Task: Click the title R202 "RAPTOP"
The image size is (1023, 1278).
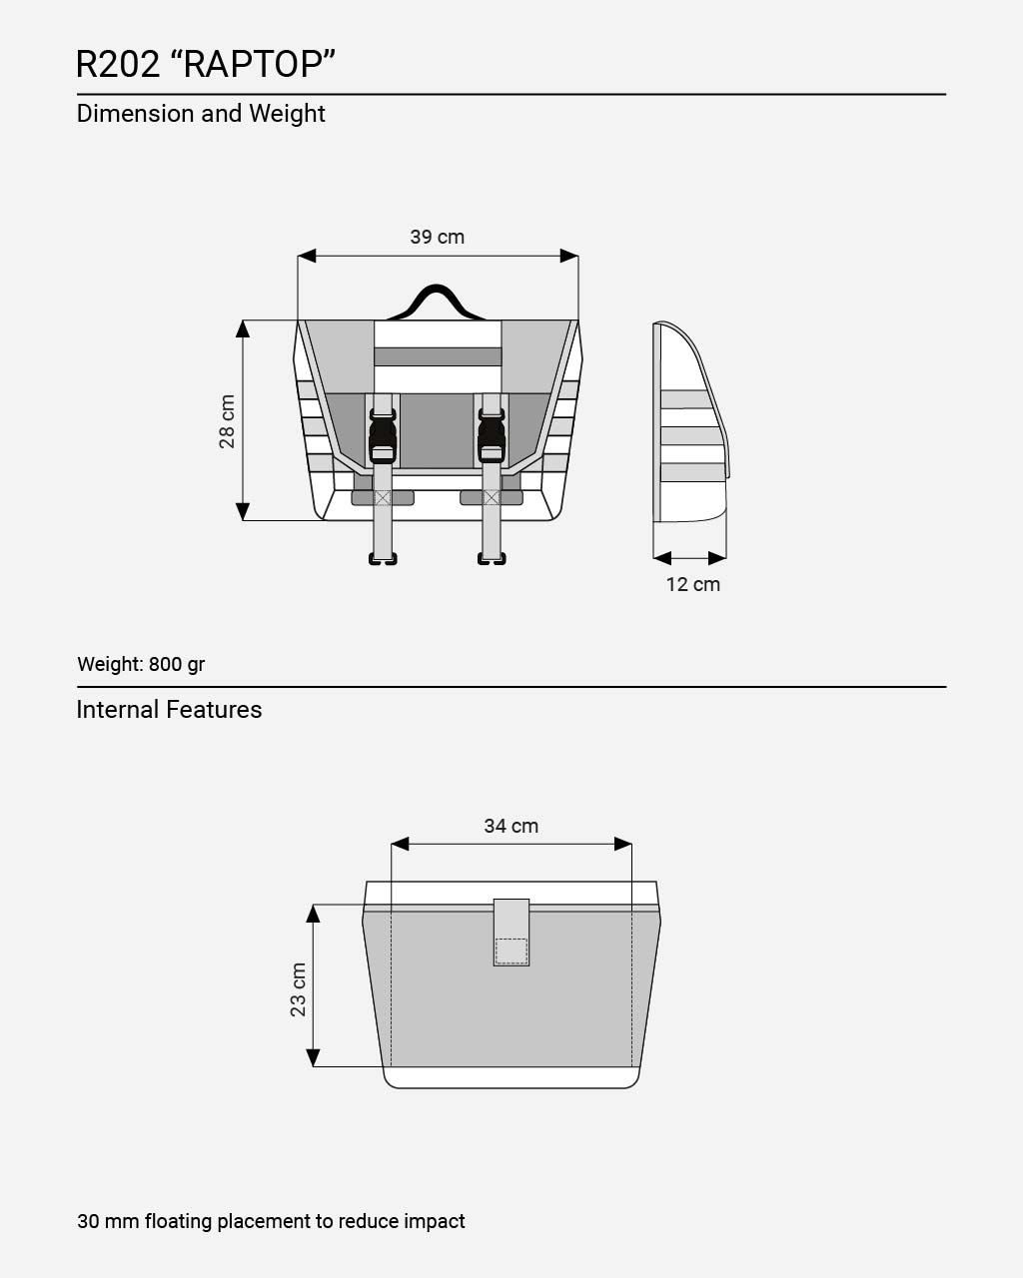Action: point(206,64)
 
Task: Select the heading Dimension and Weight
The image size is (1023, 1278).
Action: point(201,114)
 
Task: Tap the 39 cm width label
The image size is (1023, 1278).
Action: point(437,237)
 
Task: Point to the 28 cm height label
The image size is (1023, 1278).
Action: point(227,421)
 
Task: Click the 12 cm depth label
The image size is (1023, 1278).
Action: point(693,584)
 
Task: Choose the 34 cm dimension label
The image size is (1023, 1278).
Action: point(511,826)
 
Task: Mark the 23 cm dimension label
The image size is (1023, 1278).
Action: point(298,989)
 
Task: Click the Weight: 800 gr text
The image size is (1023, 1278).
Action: point(141,664)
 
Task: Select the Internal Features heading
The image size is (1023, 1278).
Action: point(170,710)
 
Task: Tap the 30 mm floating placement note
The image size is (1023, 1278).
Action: point(271,1221)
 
